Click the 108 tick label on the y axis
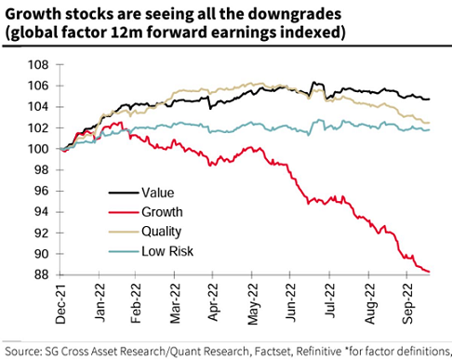point(38,65)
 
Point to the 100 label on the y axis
point(38,149)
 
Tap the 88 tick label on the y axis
point(42,274)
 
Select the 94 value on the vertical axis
point(42,212)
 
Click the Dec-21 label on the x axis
point(60,303)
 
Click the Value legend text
point(158,193)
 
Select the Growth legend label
point(162,212)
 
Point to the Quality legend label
point(162,232)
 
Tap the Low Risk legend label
point(167,251)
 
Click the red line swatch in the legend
point(124,212)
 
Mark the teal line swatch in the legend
point(124,251)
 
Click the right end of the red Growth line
point(430,272)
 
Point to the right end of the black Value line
point(430,100)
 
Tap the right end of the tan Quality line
point(430,123)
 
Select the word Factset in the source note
point(273,352)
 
